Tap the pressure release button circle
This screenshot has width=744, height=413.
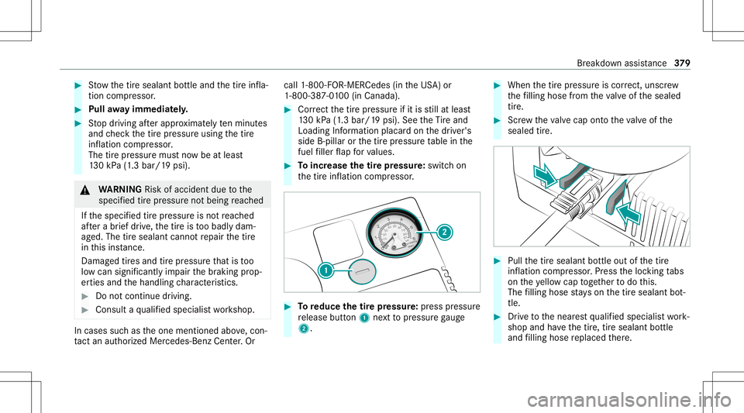coord(356,271)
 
